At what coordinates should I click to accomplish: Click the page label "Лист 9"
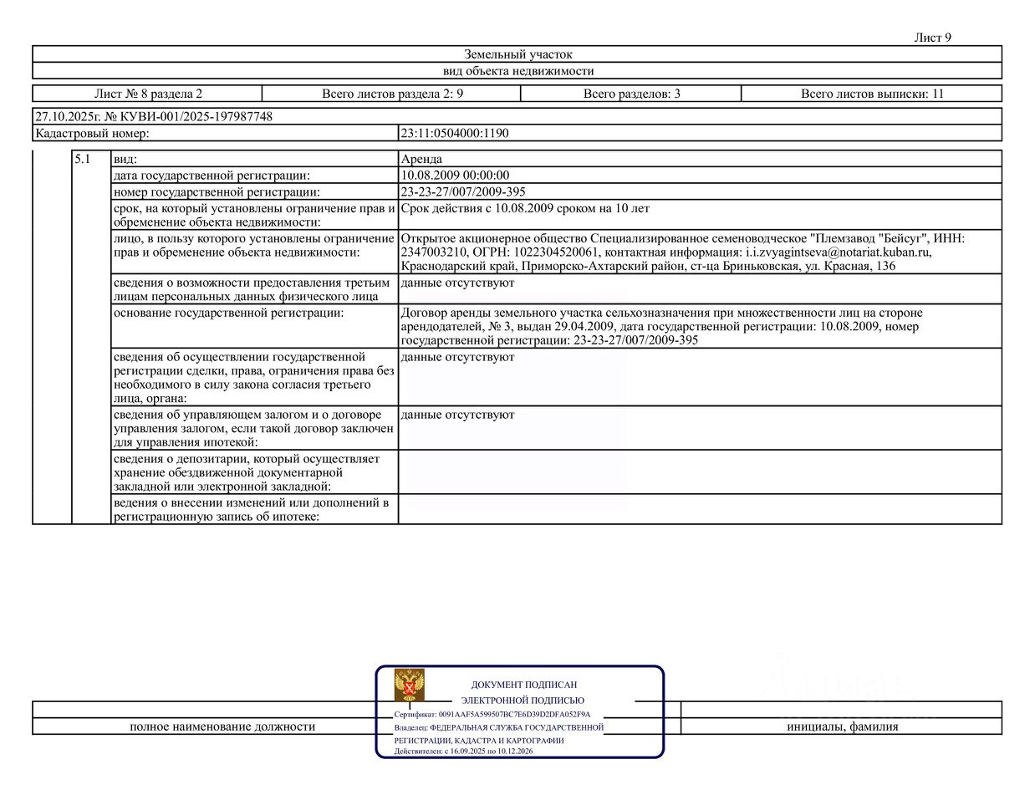[932, 38]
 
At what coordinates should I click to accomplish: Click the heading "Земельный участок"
[517, 54]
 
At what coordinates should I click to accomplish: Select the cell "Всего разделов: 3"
[631, 94]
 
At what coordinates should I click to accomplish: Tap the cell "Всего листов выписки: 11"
[871, 94]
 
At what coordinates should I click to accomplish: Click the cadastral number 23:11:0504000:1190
[454, 133]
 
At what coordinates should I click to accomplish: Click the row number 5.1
[82, 159]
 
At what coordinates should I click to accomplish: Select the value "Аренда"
[421, 159]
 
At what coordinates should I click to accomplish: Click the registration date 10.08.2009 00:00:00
[455, 176]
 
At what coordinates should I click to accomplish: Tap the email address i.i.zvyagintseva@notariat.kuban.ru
[838, 252]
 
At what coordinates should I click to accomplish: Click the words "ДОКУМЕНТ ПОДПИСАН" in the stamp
[523, 685]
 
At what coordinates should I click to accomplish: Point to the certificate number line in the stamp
[492, 715]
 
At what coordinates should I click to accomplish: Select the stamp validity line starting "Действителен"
[463, 751]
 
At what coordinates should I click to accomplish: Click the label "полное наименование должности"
[222, 726]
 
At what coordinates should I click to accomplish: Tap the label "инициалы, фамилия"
[842, 726]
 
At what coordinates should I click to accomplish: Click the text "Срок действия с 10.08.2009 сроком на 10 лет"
[525, 208]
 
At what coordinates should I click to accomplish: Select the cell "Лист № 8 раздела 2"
[148, 94]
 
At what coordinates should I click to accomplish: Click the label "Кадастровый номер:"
[92, 133]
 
